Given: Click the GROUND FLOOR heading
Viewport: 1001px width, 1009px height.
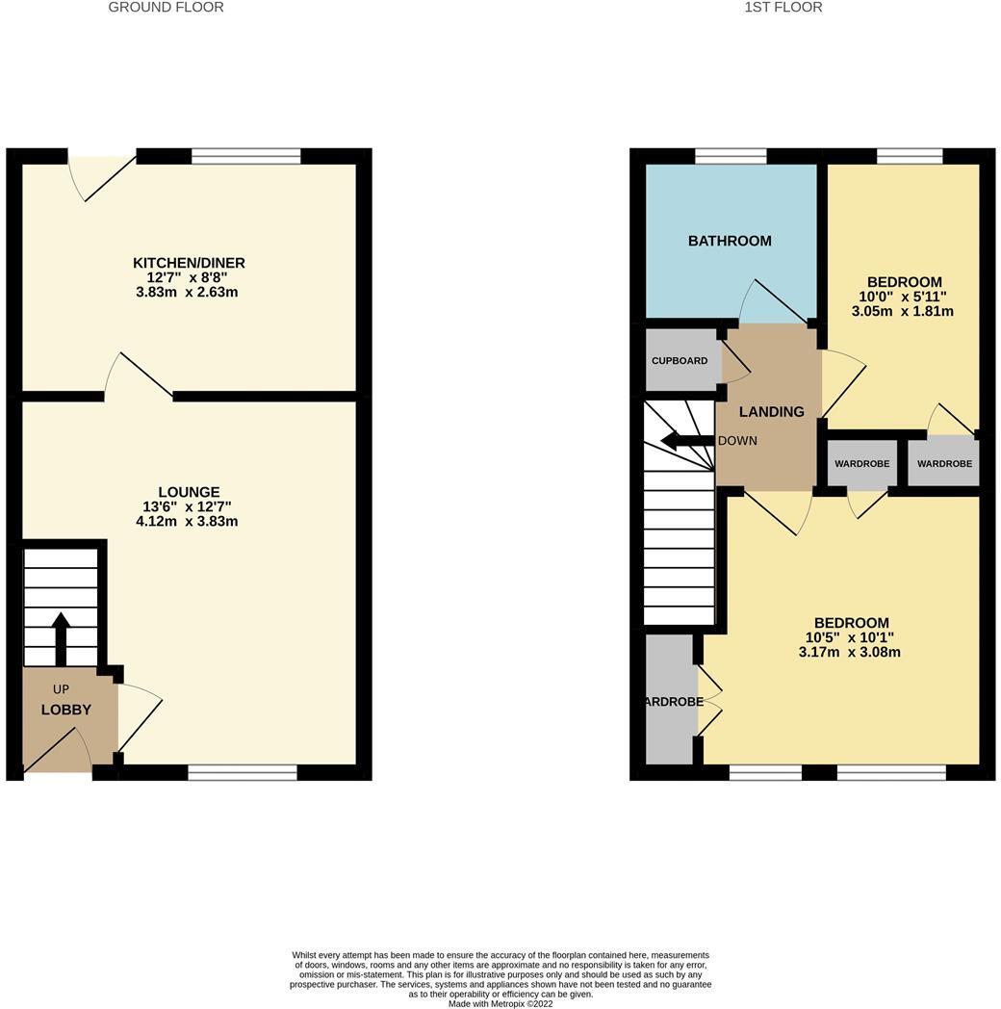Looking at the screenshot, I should pos(166,8).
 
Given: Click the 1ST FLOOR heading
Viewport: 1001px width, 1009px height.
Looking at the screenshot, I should pos(783,8).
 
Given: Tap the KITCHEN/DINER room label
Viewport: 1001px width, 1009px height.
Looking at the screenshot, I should pos(189,263).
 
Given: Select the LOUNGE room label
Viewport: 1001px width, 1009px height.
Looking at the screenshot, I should pos(190,492).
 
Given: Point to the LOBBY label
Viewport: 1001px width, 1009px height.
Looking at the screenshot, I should pos(65,710).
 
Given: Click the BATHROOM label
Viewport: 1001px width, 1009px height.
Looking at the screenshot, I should pos(730,241).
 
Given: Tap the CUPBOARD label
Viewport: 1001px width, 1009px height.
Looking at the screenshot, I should pos(680,361).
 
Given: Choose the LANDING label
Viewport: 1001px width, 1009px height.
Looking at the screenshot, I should pos(771,412).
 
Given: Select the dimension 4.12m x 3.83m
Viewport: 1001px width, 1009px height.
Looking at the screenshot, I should pos(187,522).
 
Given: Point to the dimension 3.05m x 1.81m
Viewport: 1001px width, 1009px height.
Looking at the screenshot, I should pos(902,311).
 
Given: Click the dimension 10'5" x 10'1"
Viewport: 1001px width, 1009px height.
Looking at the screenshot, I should pos(850,637).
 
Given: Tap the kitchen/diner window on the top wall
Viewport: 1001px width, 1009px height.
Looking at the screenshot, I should pos(246,156).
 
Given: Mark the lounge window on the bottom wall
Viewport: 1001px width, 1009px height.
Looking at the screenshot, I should pos(243,772).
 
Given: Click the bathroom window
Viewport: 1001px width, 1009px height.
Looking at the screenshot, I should pos(731,156).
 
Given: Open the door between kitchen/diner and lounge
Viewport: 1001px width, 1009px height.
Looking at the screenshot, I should pos(139,375).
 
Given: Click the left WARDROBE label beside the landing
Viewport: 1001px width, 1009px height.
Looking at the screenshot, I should pos(861,464).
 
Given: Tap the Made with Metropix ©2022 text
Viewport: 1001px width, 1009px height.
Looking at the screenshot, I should pos(500,1003).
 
